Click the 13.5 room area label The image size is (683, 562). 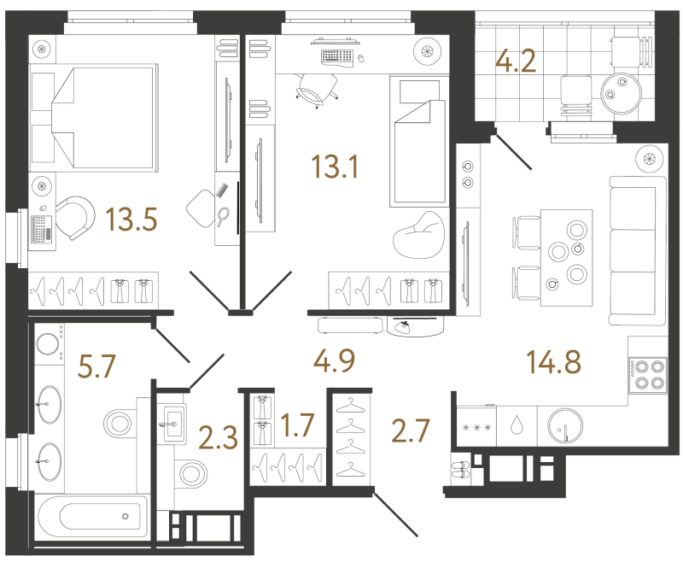[x=131, y=220]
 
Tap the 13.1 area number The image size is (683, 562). [x=335, y=167]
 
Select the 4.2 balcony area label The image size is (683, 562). [x=516, y=61]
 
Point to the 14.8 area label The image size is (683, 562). [x=553, y=362]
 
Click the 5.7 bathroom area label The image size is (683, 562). [x=96, y=366]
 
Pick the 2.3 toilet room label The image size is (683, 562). [x=218, y=437]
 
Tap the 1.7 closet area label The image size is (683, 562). [x=297, y=425]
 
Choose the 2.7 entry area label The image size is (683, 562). [x=411, y=430]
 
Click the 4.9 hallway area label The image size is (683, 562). [x=334, y=361]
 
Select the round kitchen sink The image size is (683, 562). [x=565, y=425]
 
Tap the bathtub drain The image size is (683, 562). [x=126, y=516]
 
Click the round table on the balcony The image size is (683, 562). [x=622, y=93]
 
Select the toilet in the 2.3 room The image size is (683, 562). [x=190, y=473]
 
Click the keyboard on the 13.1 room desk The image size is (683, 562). [x=336, y=56]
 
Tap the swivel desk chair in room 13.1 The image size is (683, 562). [x=316, y=90]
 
